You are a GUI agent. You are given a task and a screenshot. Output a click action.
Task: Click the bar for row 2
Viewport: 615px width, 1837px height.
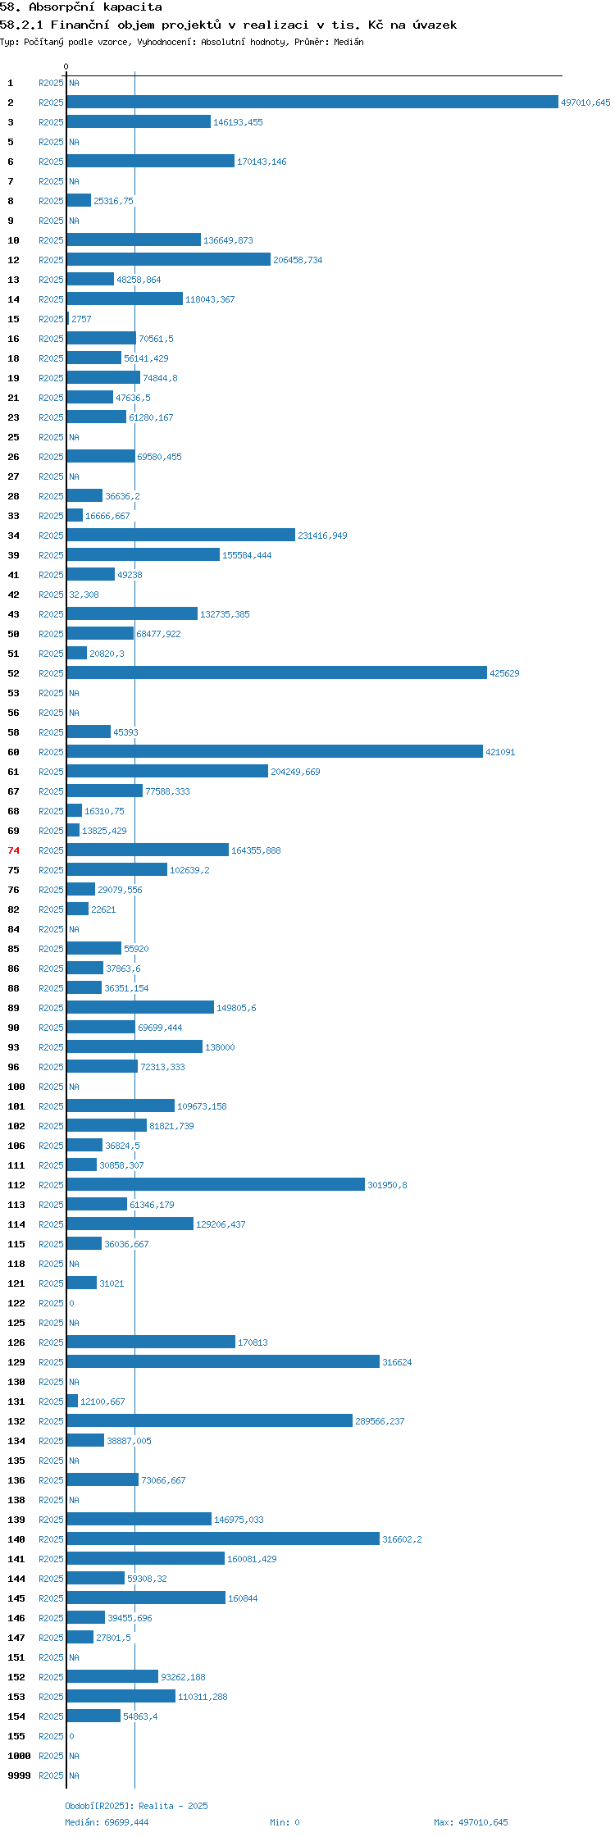tap(312, 103)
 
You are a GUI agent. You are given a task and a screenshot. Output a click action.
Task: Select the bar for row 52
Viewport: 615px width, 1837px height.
tap(277, 673)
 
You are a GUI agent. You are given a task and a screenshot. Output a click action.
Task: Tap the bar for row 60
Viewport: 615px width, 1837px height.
tap(275, 752)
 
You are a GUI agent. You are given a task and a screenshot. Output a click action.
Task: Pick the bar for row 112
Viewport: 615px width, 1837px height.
tap(216, 1185)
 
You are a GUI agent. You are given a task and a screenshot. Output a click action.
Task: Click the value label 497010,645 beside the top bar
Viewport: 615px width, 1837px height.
tap(585, 103)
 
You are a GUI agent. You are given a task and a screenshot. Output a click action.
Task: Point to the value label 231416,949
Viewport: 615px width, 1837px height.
tap(322, 536)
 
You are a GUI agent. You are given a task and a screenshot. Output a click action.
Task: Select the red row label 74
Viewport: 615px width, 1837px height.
tap(14, 850)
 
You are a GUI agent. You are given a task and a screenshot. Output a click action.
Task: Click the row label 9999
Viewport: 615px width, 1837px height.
tap(19, 1775)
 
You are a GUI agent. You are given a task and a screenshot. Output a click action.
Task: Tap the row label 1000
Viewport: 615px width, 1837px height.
tap(19, 1756)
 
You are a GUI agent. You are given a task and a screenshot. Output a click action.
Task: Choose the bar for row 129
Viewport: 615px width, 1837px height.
tap(223, 1362)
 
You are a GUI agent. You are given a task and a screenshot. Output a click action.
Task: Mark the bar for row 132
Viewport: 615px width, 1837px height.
tap(210, 1421)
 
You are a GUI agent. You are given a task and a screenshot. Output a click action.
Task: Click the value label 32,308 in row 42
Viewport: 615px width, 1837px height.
tap(84, 595)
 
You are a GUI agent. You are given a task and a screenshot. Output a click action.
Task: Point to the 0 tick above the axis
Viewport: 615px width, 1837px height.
tap(66, 66)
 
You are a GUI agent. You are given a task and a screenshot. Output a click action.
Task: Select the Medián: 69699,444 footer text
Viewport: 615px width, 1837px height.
tap(107, 1822)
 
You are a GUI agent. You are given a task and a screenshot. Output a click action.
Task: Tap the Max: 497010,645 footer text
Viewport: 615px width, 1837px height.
tap(471, 1822)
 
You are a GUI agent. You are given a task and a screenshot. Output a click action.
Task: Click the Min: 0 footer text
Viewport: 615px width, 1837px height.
tap(285, 1822)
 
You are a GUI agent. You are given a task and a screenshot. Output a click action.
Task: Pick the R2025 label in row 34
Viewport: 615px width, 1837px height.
tap(51, 536)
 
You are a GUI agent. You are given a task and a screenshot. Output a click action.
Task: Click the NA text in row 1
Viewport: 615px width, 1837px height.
tap(74, 83)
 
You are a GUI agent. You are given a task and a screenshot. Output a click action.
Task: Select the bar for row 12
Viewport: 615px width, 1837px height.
tap(169, 260)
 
